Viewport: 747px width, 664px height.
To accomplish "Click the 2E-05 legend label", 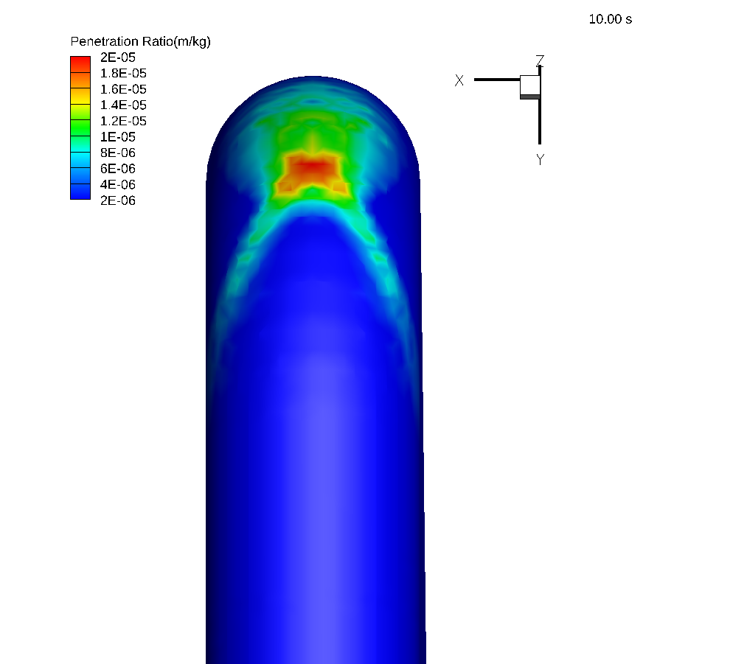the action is point(118,57).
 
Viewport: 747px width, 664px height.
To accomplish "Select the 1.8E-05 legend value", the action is point(123,73).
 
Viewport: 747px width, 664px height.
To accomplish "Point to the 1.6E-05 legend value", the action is point(123,89).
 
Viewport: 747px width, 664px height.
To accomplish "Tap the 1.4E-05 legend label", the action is point(123,105).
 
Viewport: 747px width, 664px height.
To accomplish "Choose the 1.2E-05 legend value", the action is point(123,121).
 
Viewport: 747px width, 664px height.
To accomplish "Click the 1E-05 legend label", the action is point(118,137).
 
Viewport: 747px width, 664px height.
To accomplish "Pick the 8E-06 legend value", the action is point(118,153).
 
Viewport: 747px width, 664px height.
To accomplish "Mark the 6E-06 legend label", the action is point(118,169).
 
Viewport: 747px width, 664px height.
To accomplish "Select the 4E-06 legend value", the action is point(118,185).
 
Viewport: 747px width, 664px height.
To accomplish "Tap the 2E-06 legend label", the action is point(118,200).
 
